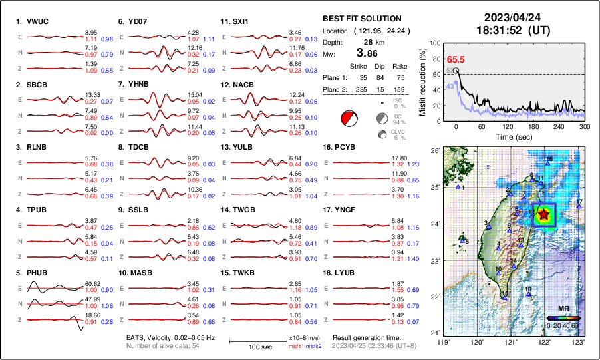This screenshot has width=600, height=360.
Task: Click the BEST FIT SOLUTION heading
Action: click(x=361, y=19)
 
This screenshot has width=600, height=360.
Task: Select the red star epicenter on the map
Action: click(x=544, y=214)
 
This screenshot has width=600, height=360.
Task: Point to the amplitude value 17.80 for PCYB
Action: click(x=398, y=158)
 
